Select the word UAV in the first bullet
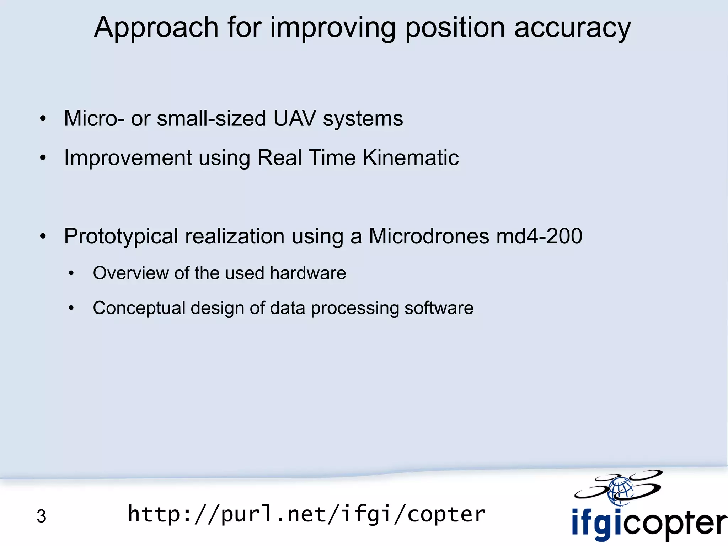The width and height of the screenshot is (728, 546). pyautogui.click(x=294, y=118)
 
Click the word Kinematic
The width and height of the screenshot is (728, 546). pyautogui.click(x=411, y=157)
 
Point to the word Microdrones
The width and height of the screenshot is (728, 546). pyautogui.click(x=429, y=236)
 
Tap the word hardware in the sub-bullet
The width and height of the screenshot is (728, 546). pyautogui.click(x=308, y=273)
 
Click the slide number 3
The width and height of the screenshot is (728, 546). pyautogui.click(x=41, y=516)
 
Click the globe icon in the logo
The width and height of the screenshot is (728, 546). pyautogui.click(x=620, y=491)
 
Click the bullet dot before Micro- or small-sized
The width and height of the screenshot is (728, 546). pyautogui.click(x=43, y=119)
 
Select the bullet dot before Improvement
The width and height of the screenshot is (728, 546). pyautogui.click(x=43, y=158)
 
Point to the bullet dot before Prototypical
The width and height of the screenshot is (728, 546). pyautogui.click(x=43, y=236)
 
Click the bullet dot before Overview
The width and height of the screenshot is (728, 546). pyautogui.click(x=71, y=273)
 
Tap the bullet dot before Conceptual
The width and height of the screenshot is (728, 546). pyautogui.click(x=71, y=308)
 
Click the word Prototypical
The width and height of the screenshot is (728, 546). pyautogui.click(x=121, y=236)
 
